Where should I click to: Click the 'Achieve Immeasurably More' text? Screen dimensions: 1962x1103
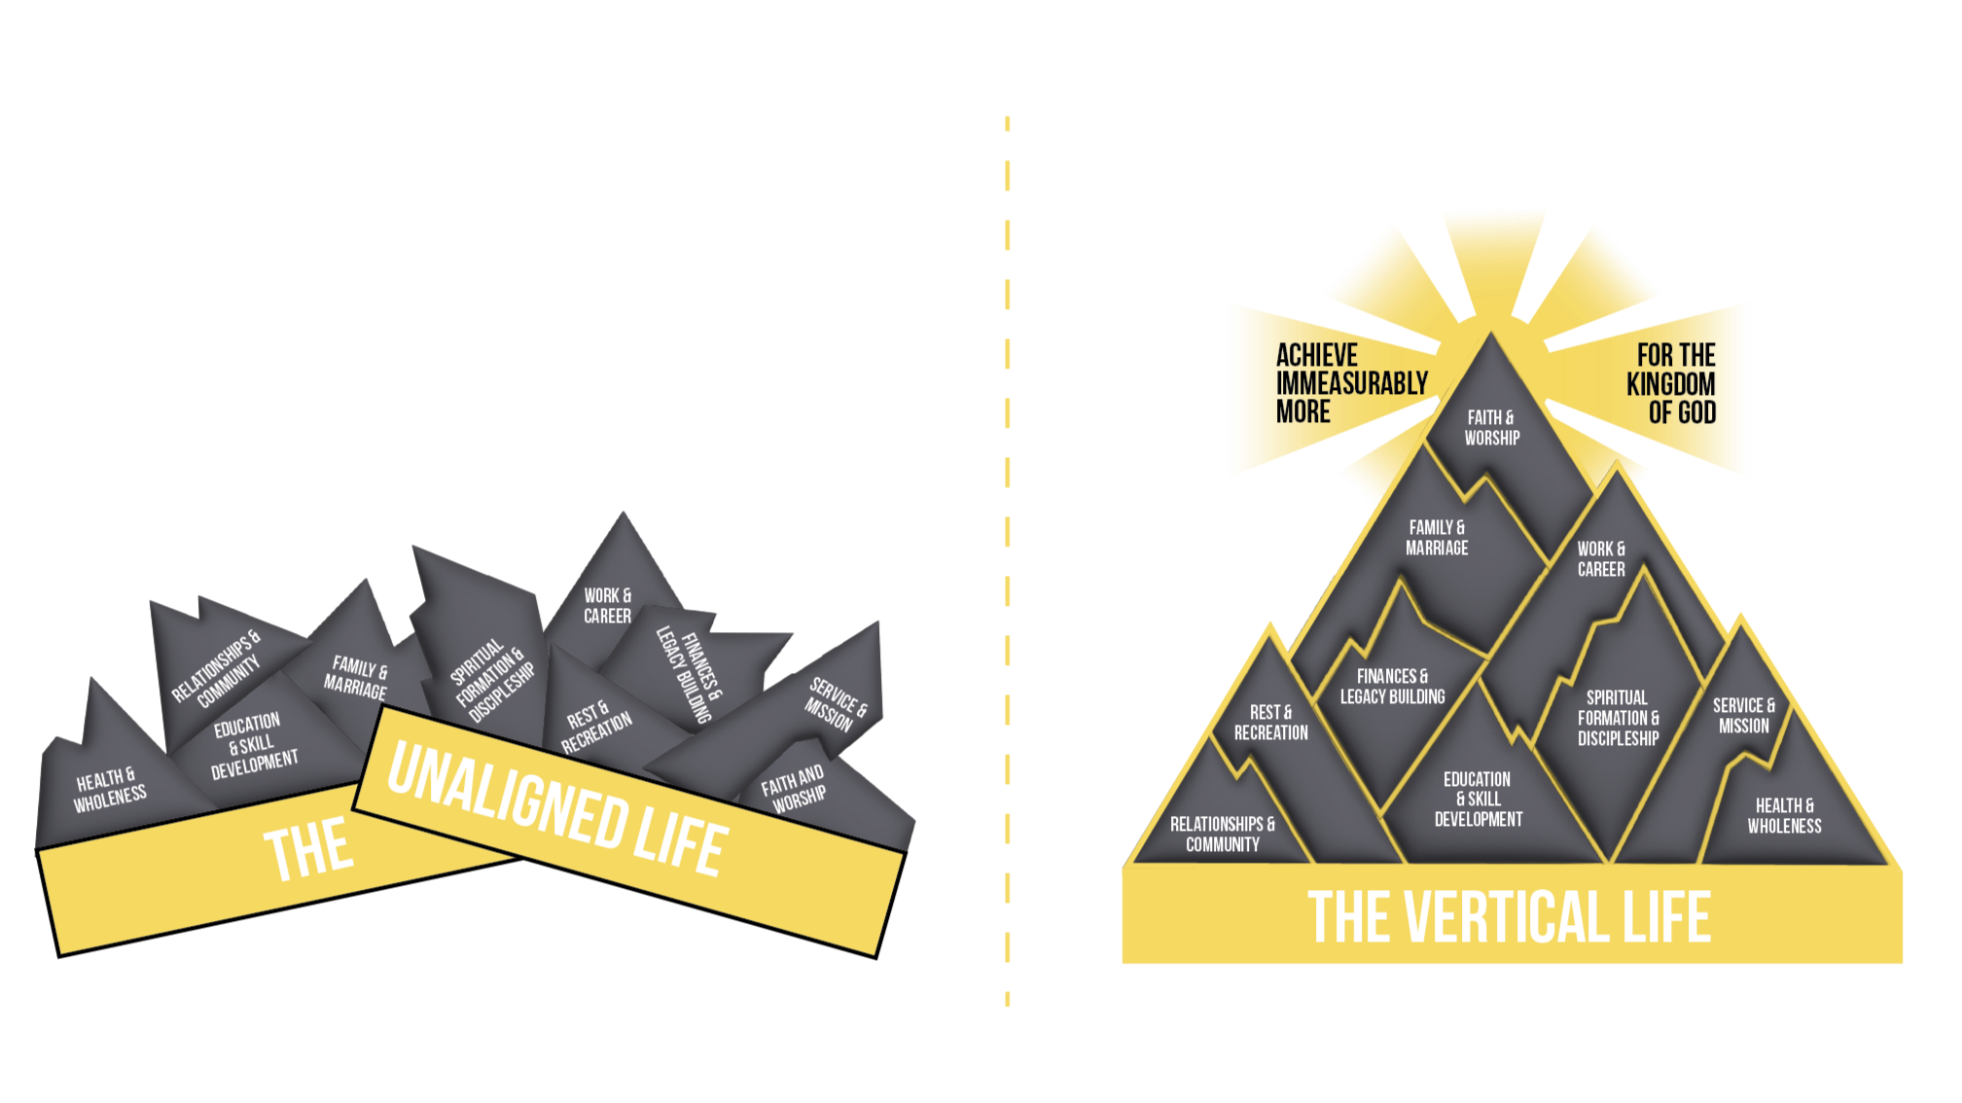pyautogui.click(x=1350, y=383)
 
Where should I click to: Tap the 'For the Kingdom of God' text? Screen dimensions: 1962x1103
pyautogui.click(x=1672, y=383)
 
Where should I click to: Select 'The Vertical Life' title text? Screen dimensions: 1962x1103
pyautogui.click(x=1509, y=917)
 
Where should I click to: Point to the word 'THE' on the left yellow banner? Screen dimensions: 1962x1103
pyautogui.click(x=307, y=850)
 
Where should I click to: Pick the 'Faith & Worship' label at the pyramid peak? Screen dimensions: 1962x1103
pyautogui.click(x=1491, y=428)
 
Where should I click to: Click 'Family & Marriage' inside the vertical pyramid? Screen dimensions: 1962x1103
pyautogui.click(x=1437, y=538)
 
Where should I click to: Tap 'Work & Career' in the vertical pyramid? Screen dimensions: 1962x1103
pyautogui.click(x=1601, y=559)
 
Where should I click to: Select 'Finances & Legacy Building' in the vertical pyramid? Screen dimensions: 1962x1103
pyautogui.click(x=1392, y=687)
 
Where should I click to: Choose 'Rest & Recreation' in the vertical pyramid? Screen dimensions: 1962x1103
pyautogui.click(x=1270, y=723)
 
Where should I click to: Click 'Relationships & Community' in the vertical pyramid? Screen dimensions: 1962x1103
pyautogui.click(x=1222, y=835)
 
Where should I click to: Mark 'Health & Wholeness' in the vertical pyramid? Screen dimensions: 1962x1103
pyautogui.click(x=1784, y=816)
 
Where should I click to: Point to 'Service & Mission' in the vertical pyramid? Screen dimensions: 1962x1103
pyautogui.click(x=1743, y=716)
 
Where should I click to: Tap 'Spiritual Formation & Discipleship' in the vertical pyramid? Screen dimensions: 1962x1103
pyautogui.click(x=1618, y=718)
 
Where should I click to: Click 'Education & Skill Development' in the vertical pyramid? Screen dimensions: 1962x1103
pyautogui.click(x=1478, y=800)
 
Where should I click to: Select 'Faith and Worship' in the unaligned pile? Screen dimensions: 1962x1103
pyautogui.click(x=794, y=789)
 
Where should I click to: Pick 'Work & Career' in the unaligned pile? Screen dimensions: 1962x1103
pyautogui.click(x=607, y=606)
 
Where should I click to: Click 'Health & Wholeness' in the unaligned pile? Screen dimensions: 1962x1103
pyautogui.click(x=111, y=789)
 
